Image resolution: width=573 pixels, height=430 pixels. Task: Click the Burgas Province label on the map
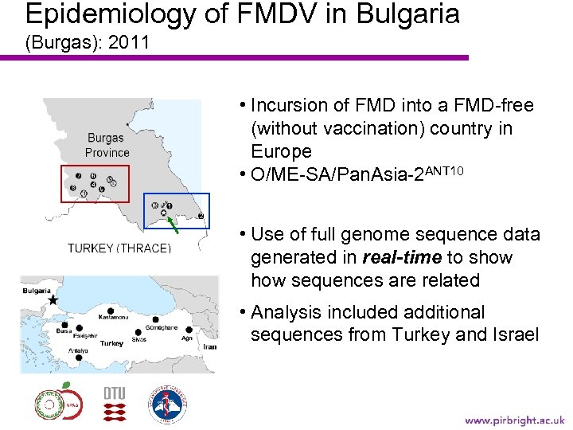(106, 145)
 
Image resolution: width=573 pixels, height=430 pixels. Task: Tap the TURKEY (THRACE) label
(119, 248)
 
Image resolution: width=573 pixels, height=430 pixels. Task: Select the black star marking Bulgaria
(53, 302)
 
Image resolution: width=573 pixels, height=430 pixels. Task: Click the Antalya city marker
(78, 358)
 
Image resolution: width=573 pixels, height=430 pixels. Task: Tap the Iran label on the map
(209, 347)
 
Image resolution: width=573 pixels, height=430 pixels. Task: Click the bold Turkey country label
(111, 343)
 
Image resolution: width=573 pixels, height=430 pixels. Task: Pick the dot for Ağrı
(189, 328)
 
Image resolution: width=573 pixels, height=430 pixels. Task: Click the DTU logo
(115, 404)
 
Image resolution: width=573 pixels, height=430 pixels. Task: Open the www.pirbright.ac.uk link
(514, 420)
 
